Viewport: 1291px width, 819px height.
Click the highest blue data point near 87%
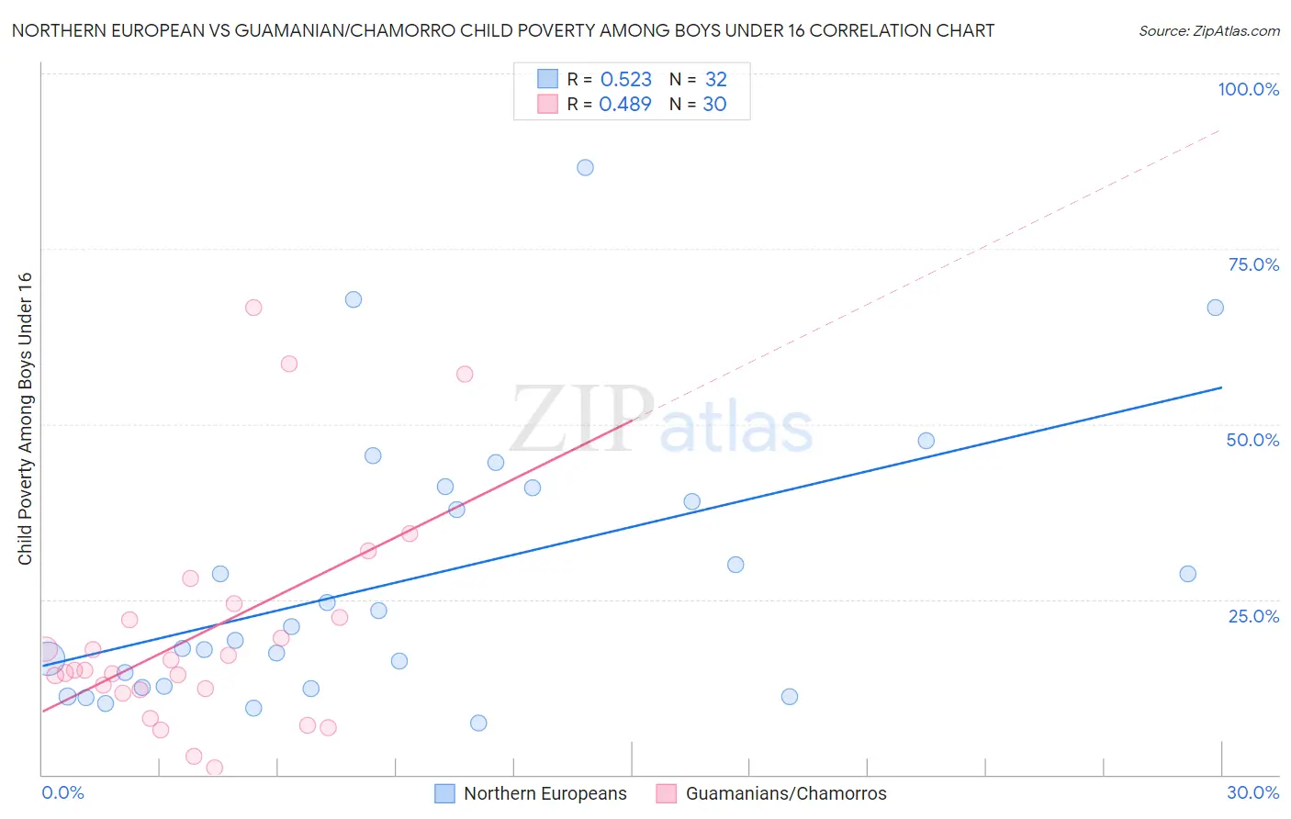coord(585,167)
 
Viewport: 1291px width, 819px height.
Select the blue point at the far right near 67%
coord(1215,308)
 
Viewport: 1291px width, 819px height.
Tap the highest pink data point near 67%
coord(253,308)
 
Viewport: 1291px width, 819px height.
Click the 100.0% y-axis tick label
coord(1248,89)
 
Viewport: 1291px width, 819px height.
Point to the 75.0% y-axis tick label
coord(1253,264)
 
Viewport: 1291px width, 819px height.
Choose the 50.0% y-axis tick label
coord(1252,440)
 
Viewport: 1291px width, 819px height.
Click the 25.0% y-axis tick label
coord(1253,616)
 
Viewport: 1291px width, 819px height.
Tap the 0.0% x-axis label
coord(62,792)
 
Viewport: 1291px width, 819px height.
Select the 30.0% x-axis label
coord(1252,792)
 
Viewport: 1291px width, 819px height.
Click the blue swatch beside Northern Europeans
coord(444,793)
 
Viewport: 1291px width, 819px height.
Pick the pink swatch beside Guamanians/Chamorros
coord(667,793)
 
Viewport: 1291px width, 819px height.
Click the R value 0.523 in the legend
coord(625,80)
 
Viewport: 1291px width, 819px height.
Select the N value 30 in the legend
coord(714,105)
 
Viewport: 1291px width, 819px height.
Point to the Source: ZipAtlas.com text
coord(1208,31)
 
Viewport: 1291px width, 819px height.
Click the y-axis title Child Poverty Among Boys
coord(25,419)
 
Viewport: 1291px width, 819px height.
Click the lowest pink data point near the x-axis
coord(214,768)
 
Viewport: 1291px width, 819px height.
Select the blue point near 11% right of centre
coord(789,696)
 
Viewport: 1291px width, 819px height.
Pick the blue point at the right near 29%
coord(1187,574)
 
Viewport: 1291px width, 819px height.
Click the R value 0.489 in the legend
coord(624,105)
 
